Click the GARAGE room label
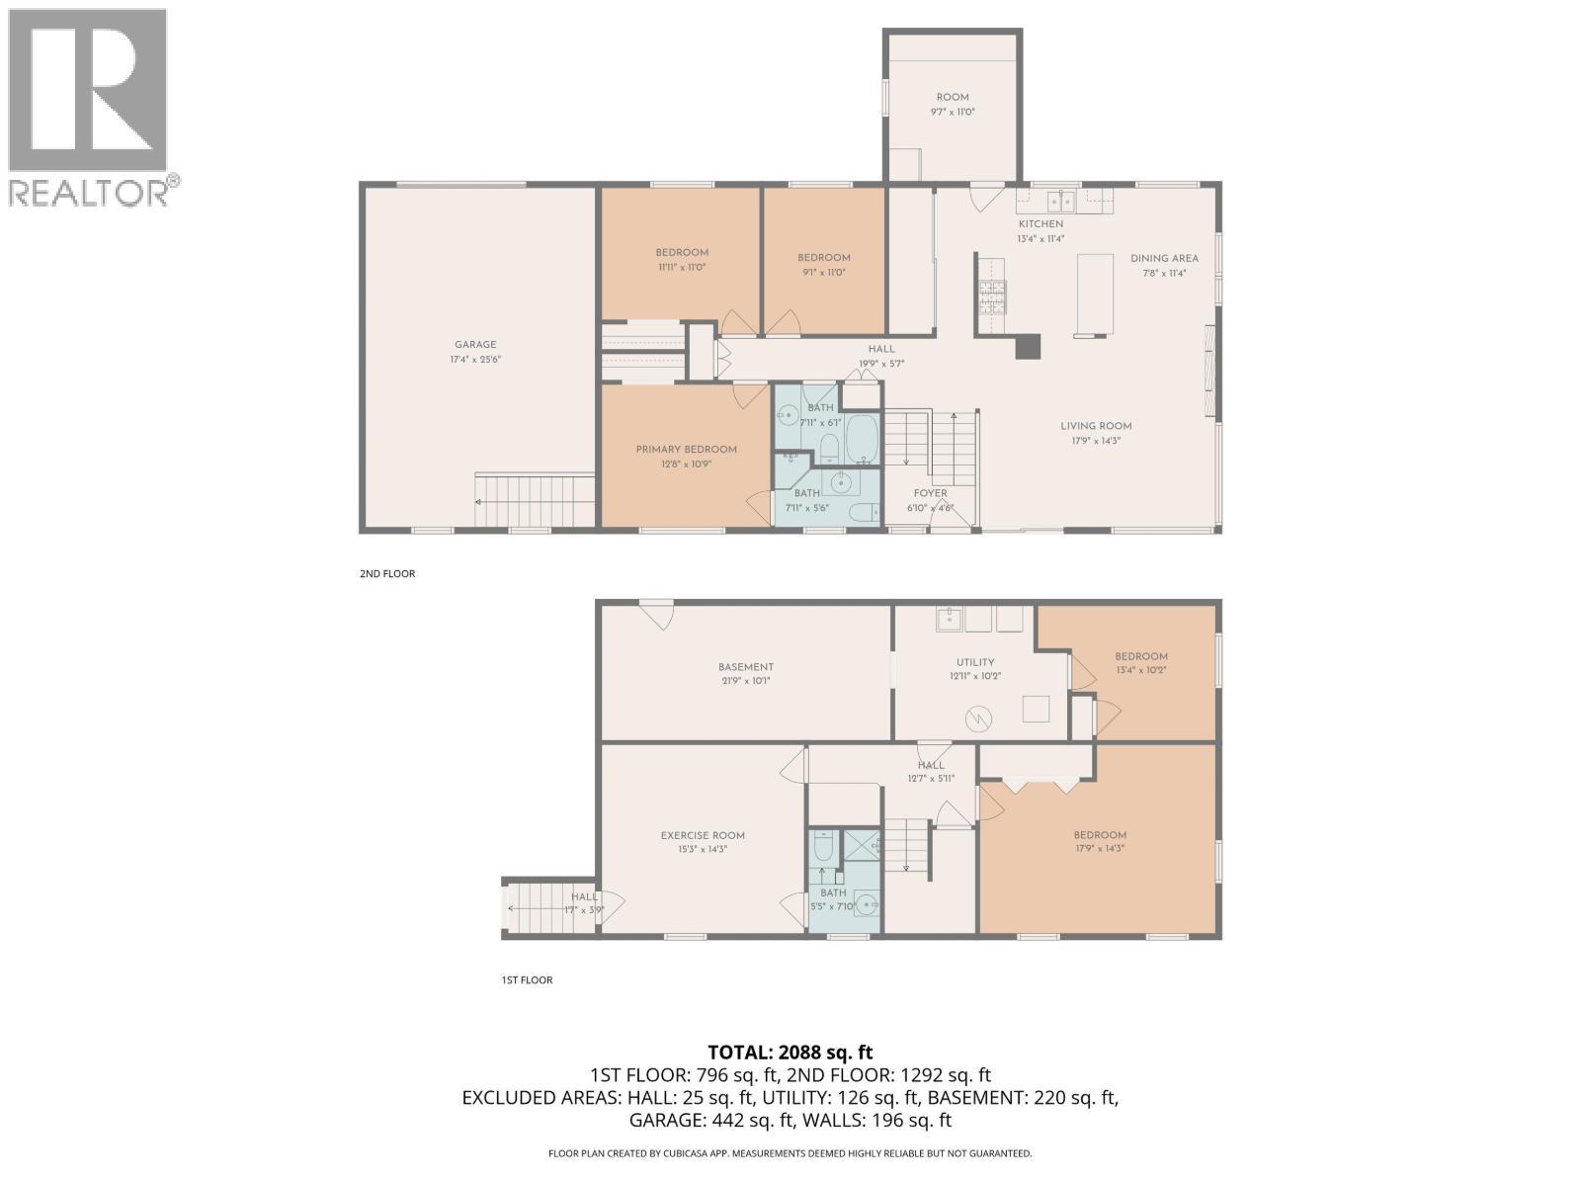coord(475,345)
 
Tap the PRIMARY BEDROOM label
coord(686,450)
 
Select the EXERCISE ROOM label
coord(703,835)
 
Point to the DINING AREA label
coord(1164,259)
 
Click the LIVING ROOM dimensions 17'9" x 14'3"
coord(1096,441)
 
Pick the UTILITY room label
coord(974,662)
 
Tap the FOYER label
coord(930,493)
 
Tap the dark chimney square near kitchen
coord(1029,346)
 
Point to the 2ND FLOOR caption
coord(387,573)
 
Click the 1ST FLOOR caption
coord(527,979)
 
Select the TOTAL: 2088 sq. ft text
coord(790,1053)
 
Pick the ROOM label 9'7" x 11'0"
coord(953,97)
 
